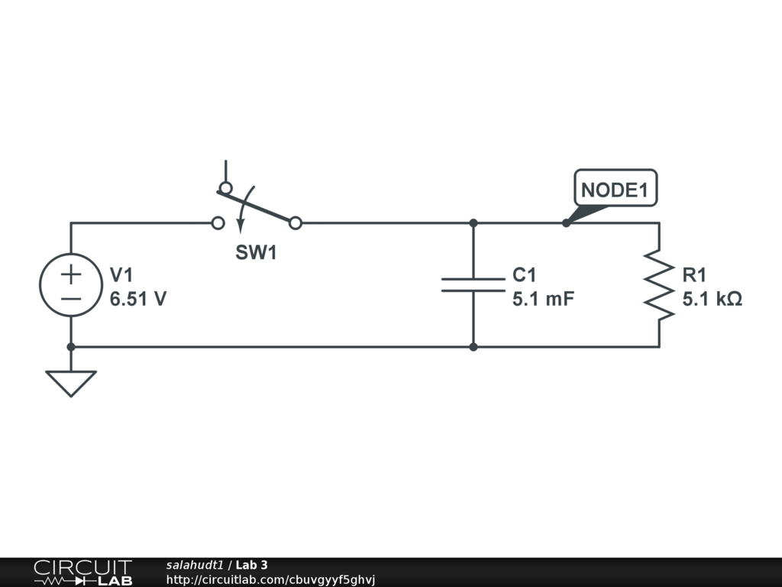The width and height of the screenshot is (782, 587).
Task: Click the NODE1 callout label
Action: (615, 190)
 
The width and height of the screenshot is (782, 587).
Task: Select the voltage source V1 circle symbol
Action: (71, 284)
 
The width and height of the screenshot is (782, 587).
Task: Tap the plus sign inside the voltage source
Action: (71, 274)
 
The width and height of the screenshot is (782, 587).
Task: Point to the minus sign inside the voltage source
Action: (71, 299)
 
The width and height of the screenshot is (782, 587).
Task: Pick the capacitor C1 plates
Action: (473, 284)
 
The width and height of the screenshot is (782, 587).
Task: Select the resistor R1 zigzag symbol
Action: (659, 284)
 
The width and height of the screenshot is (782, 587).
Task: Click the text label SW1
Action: (256, 253)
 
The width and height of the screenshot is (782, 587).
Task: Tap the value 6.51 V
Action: (138, 300)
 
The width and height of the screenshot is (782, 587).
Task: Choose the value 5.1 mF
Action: (543, 300)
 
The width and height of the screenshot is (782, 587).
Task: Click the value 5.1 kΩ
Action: (713, 300)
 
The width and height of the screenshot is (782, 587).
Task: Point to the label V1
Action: (121, 275)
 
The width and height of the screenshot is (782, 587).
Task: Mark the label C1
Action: (525, 275)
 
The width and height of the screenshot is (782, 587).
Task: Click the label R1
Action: (695, 275)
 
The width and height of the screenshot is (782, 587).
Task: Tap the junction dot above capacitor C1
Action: (473, 223)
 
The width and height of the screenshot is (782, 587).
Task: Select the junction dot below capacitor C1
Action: (473, 347)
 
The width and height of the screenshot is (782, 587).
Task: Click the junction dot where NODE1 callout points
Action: (566, 223)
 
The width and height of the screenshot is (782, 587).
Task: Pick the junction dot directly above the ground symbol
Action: (71, 347)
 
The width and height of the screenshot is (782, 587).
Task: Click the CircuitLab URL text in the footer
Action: (271, 580)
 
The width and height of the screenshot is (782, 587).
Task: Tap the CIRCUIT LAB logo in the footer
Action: (82, 572)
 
